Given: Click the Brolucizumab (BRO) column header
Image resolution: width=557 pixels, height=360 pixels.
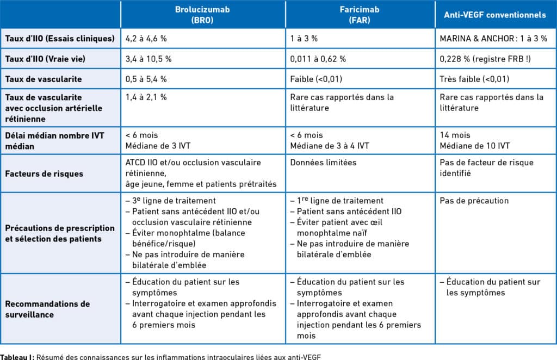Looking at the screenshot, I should [203, 15].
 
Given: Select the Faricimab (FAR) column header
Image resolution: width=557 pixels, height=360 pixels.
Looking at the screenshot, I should [360, 15].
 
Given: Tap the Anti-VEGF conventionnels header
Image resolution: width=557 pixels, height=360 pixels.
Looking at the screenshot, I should [495, 15].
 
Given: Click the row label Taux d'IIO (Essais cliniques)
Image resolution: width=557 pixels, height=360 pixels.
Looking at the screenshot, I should [60, 39].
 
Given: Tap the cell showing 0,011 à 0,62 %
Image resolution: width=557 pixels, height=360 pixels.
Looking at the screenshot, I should [318, 59].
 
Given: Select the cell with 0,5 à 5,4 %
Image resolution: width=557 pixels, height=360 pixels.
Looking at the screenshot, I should [146, 79].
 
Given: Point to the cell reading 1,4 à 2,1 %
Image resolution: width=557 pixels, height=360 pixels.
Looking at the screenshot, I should [146, 97].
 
